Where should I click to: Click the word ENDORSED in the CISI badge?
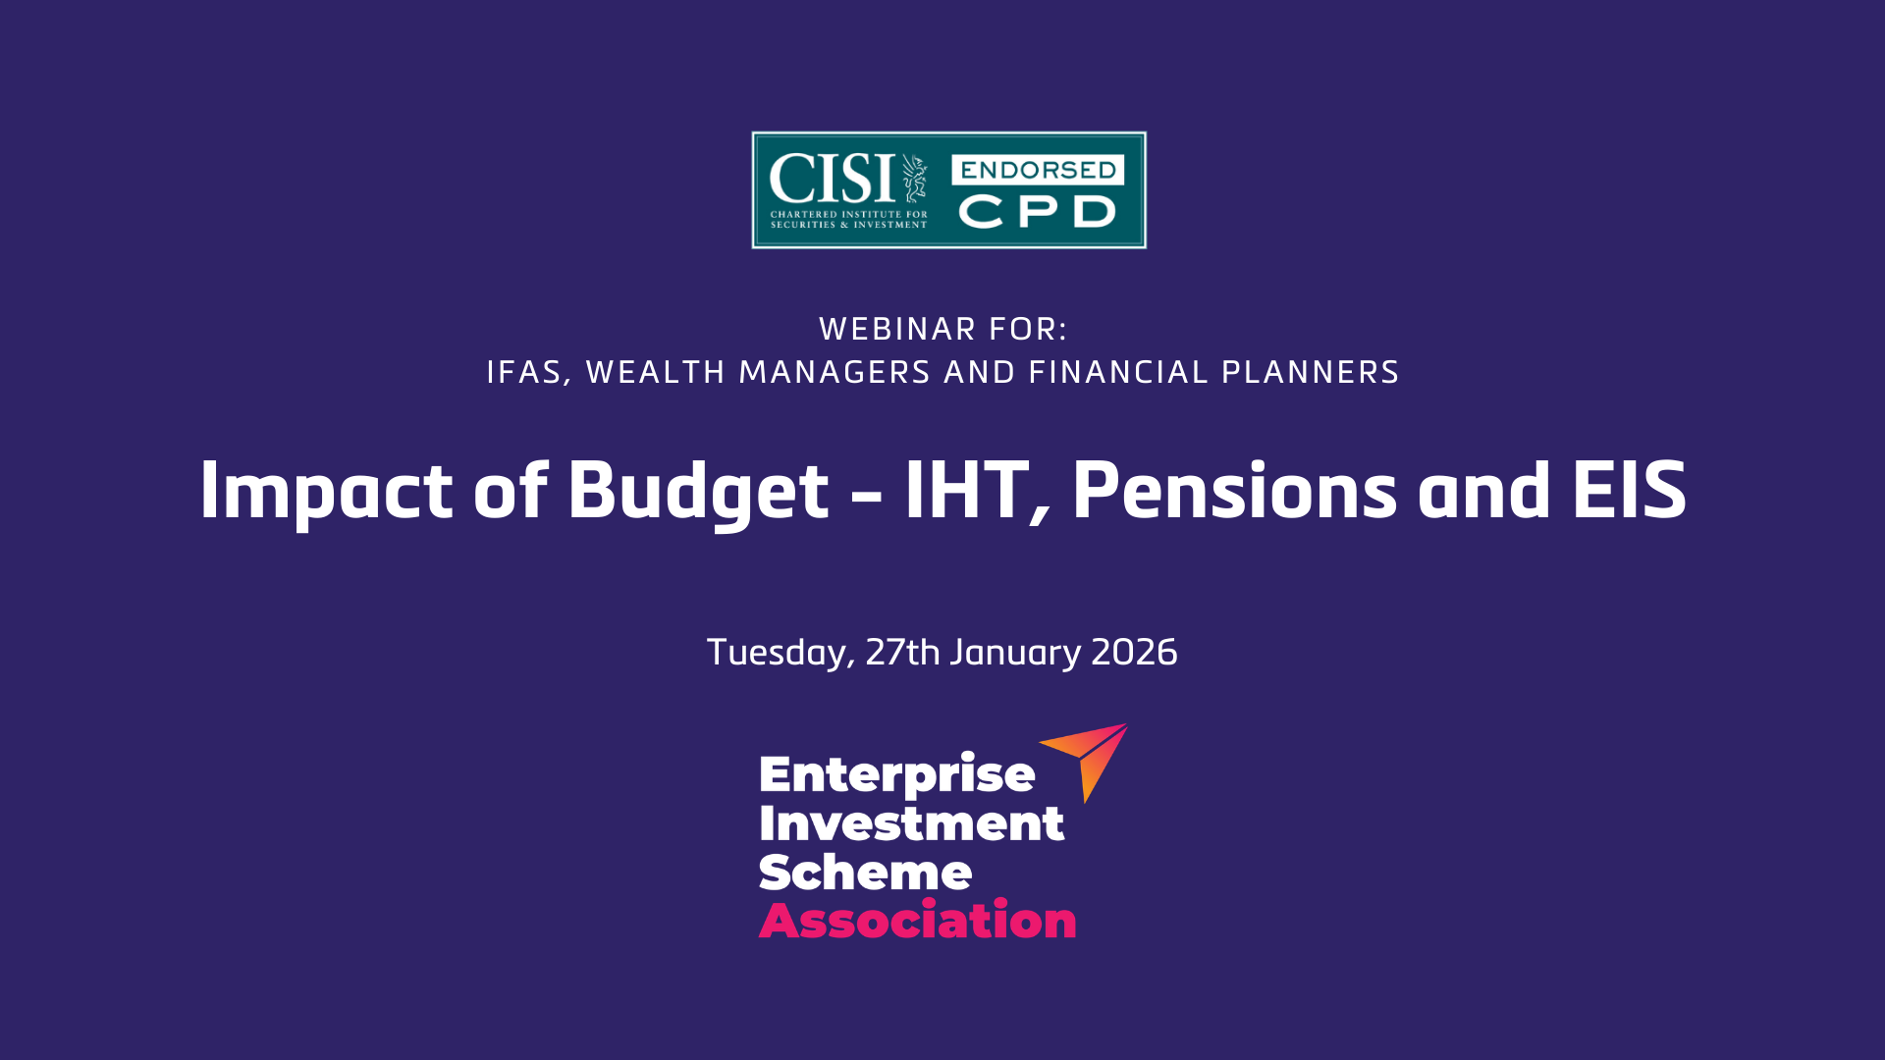[1038, 170]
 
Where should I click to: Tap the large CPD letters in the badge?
[1038, 212]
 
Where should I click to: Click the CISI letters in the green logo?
[832, 179]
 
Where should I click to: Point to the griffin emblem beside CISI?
[915, 178]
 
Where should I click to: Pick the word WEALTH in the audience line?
[655, 373]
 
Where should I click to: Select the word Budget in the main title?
[698, 491]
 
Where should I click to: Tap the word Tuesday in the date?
[780, 653]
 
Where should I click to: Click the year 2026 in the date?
[1134, 653]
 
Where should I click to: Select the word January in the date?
[1015, 653]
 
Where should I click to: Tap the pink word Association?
[917, 921]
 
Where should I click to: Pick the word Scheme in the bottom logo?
[865, 872]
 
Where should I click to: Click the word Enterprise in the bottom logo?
[896, 775]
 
